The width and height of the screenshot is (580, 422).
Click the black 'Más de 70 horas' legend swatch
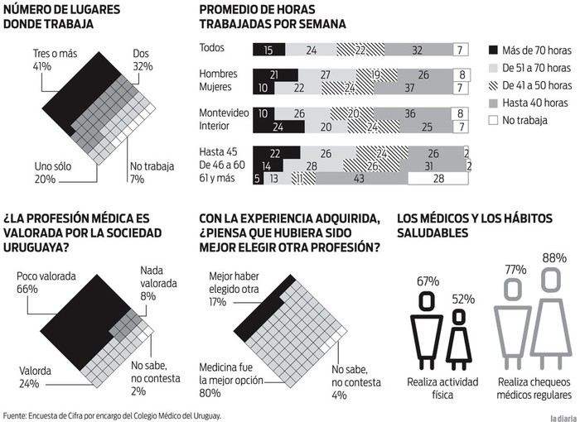coord(494,49)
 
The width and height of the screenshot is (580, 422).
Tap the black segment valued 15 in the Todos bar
coord(268,50)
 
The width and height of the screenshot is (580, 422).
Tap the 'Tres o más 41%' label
coord(50,60)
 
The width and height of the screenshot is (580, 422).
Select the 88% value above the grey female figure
coord(553,258)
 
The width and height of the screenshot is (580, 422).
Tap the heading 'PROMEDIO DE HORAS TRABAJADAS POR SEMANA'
coord(273,17)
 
